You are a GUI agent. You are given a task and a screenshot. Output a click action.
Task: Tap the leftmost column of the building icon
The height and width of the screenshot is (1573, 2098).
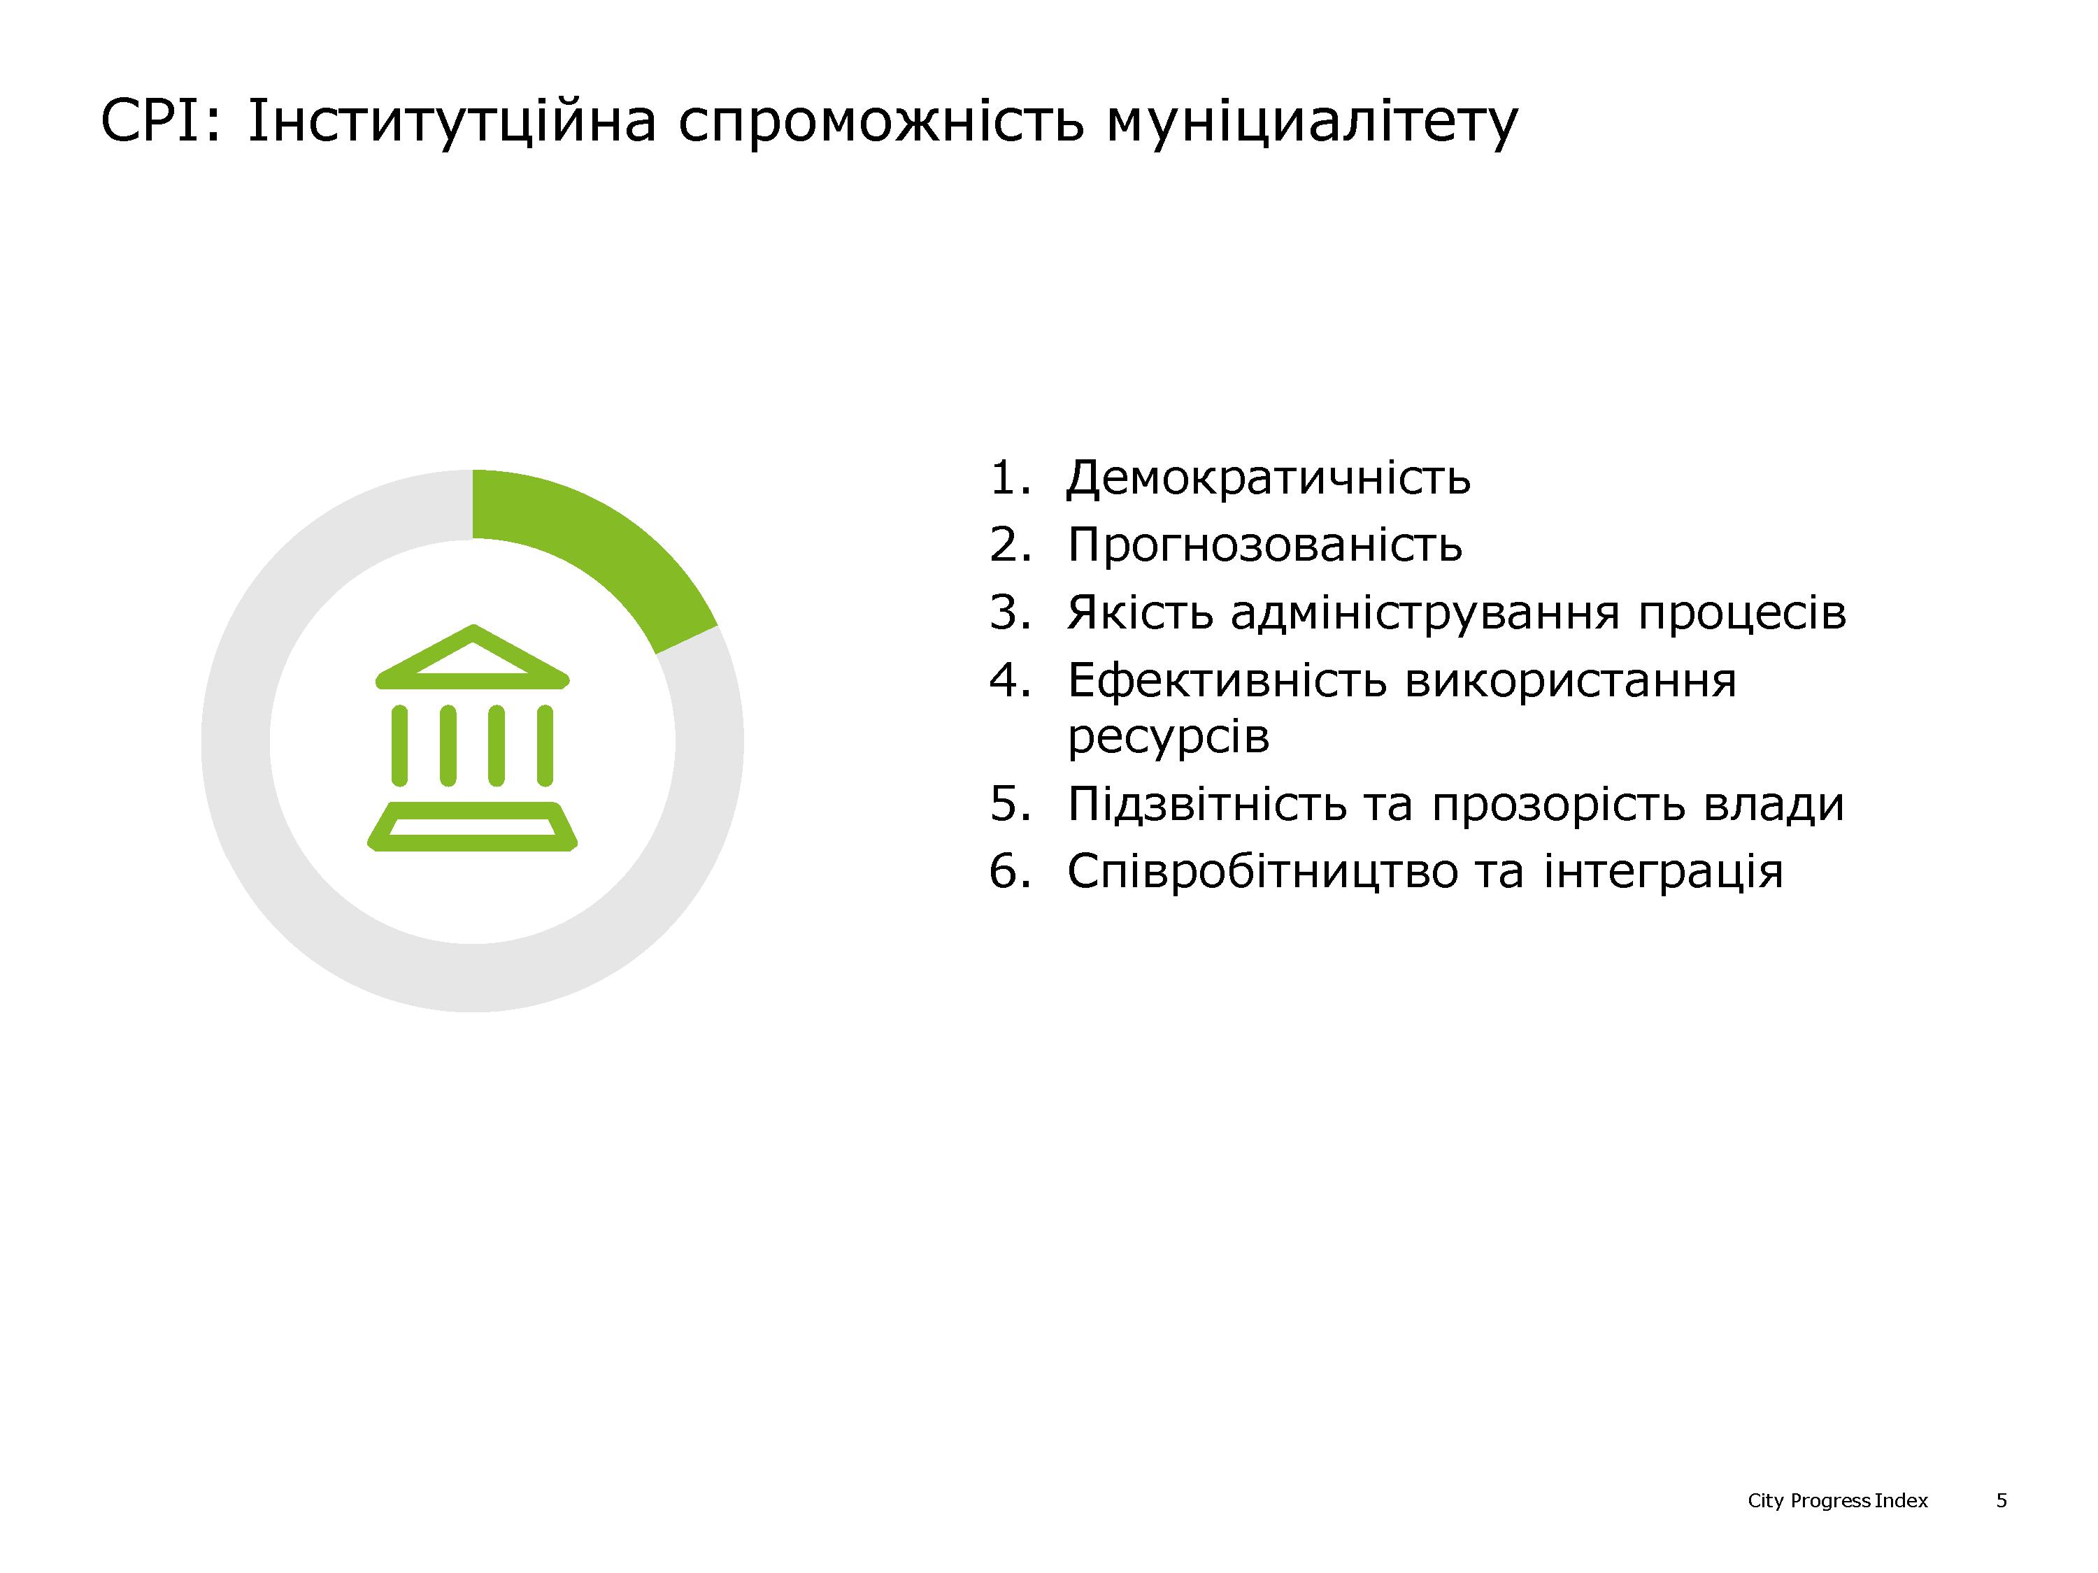pos(400,745)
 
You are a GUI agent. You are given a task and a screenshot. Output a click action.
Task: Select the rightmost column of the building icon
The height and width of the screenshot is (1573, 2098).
pos(544,745)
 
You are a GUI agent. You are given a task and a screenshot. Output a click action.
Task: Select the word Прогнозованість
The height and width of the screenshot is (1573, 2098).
pos(1264,545)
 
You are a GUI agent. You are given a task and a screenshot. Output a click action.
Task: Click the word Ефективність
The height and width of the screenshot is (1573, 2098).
pos(1227,681)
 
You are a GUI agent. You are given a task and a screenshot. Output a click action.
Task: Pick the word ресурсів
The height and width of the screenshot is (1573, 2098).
pos(1168,737)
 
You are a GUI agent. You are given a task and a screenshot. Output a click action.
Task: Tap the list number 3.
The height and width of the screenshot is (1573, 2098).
pos(1009,612)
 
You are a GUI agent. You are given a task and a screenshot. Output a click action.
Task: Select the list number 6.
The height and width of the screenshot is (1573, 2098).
pos(1009,871)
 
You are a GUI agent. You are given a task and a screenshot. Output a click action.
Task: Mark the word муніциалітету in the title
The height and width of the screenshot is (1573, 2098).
pos(1312,125)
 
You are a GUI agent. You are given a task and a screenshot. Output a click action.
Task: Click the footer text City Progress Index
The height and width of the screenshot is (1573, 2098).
pos(1837,1501)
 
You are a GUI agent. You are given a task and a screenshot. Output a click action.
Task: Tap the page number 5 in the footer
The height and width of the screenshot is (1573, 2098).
pos(2001,1501)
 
